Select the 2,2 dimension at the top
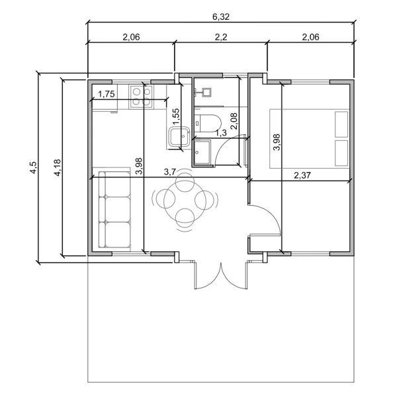(220, 38)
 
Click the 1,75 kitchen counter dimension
(107, 94)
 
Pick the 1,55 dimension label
(175, 116)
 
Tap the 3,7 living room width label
(171, 171)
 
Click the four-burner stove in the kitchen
(140, 95)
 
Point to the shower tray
(202, 152)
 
